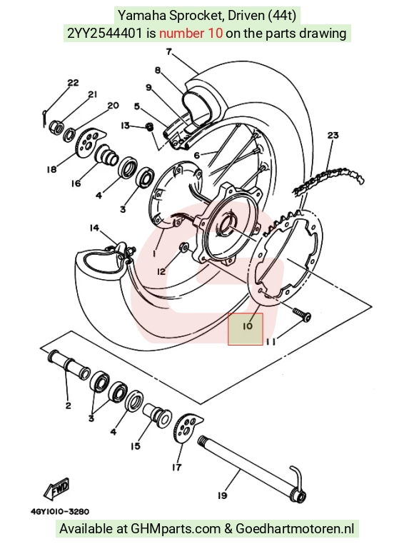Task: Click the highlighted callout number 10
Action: click(x=248, y=326)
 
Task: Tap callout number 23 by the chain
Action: click(x=333, y=135)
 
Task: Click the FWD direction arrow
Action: click(x=57, y=489)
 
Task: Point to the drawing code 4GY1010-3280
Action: click(x=60, y=511)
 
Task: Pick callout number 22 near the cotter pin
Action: click(x=73, y=83)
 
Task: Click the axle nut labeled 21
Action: click(x=57, y=126)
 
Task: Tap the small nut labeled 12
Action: click(x=184, y=248)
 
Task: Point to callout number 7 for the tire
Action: click(x=168, y=52)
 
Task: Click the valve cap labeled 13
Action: click(x=149, y=126)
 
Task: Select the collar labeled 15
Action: click(x=157, y=415)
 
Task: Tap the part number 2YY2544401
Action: click(x=104, y=34)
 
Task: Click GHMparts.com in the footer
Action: click(x=176, y=529)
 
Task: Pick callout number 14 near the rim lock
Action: click(x=94, y=228)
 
